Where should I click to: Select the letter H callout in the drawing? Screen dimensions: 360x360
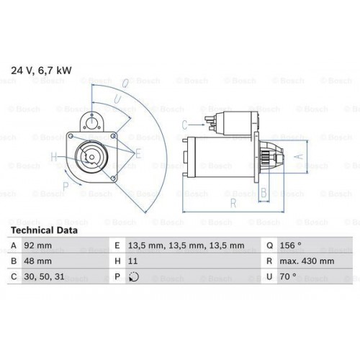pos(53,156)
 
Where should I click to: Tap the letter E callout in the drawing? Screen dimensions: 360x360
pos(138,153)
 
